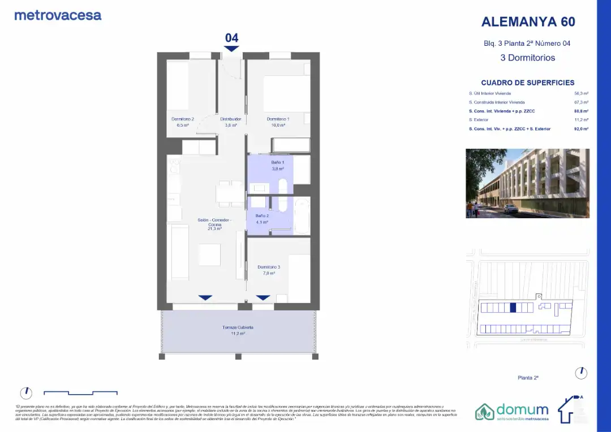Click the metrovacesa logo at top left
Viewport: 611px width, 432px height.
(x=58, y=15)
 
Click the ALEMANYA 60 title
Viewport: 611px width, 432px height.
(x=528, y=21)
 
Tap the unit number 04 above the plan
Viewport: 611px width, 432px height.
(x=231, y=38)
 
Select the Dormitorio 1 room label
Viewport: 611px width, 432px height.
(x=278, y=119)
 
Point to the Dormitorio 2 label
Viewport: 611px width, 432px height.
(x=183, y=119)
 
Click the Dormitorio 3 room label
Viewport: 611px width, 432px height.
(x=269, y=267)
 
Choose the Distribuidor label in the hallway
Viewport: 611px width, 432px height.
(x=231, y=119)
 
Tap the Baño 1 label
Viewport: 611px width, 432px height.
(x=277, y=162)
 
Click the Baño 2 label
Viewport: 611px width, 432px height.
(x=262, y=216)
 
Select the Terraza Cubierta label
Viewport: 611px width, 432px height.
(x=238, y=327)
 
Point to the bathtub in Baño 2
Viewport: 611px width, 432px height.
(x=302, y=215)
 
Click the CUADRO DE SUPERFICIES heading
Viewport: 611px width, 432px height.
(x=527, y=83)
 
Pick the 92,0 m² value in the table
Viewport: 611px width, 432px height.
(x=582, y=129)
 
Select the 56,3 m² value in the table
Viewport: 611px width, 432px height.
(x=582, y=93)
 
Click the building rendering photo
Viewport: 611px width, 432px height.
(x=527, y=183)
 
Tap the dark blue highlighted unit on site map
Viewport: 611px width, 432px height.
(x=513, y=308)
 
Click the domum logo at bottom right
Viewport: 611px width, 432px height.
(x=512, y=411)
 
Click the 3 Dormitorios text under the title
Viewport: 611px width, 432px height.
(x=527, y=58)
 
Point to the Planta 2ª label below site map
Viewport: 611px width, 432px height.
(x=527, y=377)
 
